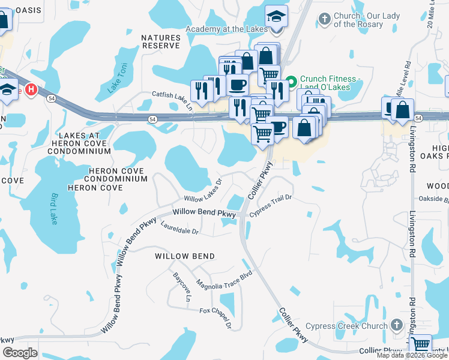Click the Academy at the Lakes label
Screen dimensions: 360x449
pyautogui.click(x=224, y=29)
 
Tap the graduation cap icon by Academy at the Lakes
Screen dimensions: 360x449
pyautogui.click(x=276, y=16)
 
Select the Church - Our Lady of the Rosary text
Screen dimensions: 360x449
pyautogui.click(x=358, y=20)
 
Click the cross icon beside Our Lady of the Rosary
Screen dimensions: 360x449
pyautogui.click(x=325, y=19)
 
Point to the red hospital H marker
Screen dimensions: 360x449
pyautogui.click(x=32, y=89)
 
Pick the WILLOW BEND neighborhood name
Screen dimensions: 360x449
pyautogui.click(x=185, y=256)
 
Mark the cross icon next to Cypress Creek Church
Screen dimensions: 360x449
pyautogui.click(x=396, y=326)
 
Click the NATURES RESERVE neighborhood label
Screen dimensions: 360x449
pyautogui.click(x=161, y=41)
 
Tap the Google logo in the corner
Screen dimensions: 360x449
pyautogui.click(x=20, y=352)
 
